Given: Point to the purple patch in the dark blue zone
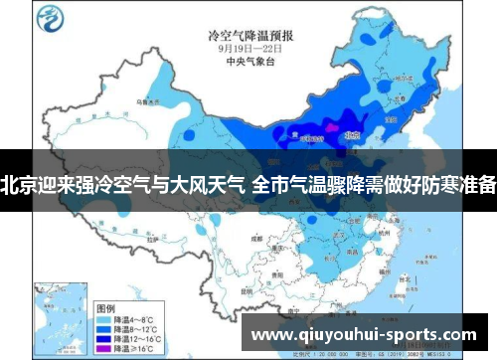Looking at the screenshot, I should [327, 129].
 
